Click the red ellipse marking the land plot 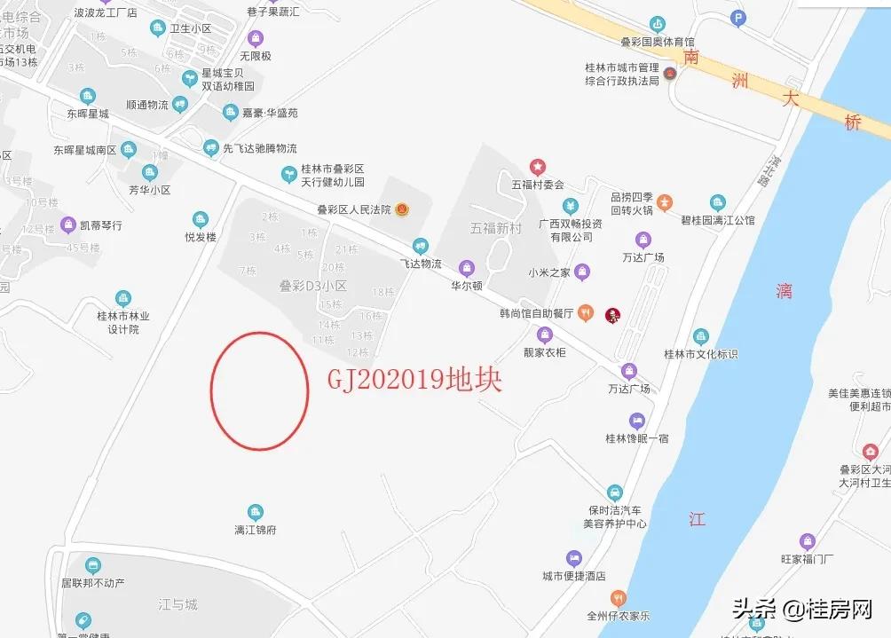point(259,390)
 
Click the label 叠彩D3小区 point(312,286)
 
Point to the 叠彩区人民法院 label point(353,210)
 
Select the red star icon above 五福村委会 point(537,167)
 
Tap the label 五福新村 point(495,228)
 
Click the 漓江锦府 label point(255,530)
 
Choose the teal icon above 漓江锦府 point(255,512)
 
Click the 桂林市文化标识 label point(701,354)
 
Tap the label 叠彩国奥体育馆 point(657,42)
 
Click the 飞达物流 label point(421,264)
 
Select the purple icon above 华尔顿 point(466,268)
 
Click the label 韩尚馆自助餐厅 point(536,313)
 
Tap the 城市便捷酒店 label point(574,576)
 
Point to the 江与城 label point(177,604)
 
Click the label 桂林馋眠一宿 point(637,438)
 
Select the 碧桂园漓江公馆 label point(717,220)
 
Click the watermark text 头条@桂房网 point(802,609)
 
